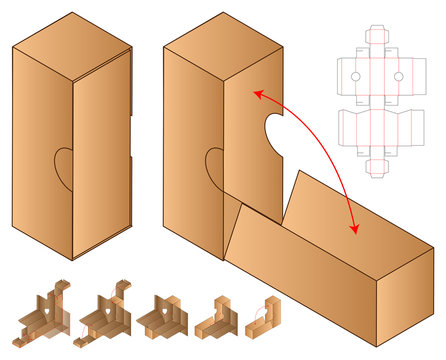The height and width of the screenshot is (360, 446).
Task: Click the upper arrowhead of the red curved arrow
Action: [256, 93]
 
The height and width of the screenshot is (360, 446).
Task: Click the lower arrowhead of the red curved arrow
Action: [354, 231]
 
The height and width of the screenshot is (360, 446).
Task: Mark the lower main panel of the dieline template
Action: [379, 127]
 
